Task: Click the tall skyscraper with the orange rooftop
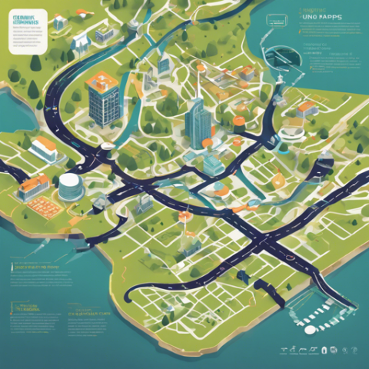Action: click(103, 98)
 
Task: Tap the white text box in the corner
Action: click(29, 30)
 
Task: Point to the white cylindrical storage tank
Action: click(69, 187)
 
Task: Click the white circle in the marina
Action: click(310, 329)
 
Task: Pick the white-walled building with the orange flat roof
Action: click(44, 148)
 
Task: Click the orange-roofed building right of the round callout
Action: click(306, 108)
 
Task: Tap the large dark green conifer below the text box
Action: click(34, 88)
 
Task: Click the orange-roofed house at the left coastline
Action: click(32, 185)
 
